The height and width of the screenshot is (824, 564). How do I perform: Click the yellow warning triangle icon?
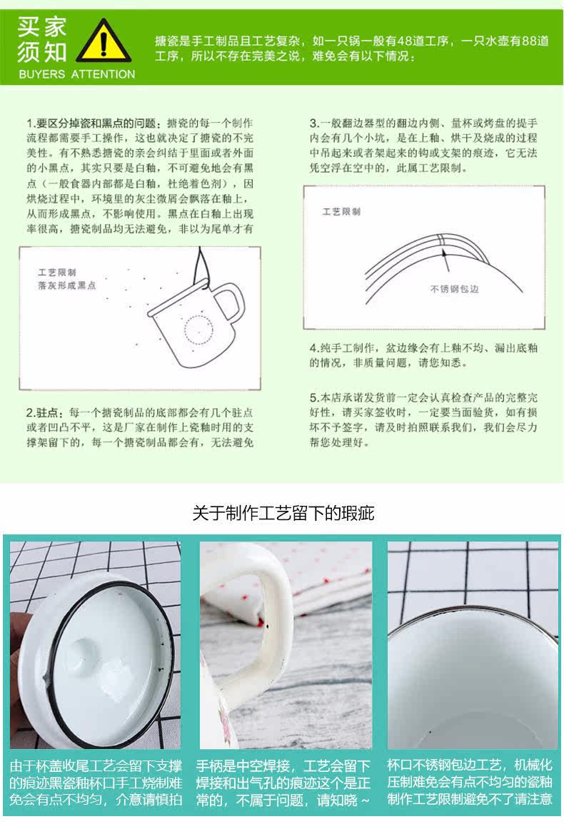pyautogui.click(x=104, y=42)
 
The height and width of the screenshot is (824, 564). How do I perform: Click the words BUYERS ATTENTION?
pyautogui.click(x=77, y=74)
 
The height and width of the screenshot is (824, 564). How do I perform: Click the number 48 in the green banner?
pyautogui.click(x=405, y=41)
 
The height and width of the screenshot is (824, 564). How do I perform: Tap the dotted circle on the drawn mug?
pyautogui.click(x=199, y=330)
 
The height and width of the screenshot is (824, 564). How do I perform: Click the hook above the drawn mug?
pyautogui.click(x=201, y=268)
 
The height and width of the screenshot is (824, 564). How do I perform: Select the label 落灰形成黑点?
pyautogui.click(x=67, y=285)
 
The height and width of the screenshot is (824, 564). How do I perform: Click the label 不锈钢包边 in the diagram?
pyautogui.click(x=454, y=289)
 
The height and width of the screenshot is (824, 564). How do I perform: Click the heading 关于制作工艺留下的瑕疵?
pyautogui.click(x=283, y=513)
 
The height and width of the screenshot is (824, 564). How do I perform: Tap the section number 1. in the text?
pyautogui.click(x=31, y=123)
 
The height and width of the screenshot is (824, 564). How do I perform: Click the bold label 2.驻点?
pyautogui.click(x=44, y=412)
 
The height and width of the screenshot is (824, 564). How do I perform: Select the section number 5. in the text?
pyautogui.click(x=314, y=398)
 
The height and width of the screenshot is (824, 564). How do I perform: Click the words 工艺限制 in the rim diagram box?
pyautogui.click(x=341, y=211)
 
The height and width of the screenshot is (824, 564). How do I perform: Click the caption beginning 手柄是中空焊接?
pyautogui.click(x=283, y=783)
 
